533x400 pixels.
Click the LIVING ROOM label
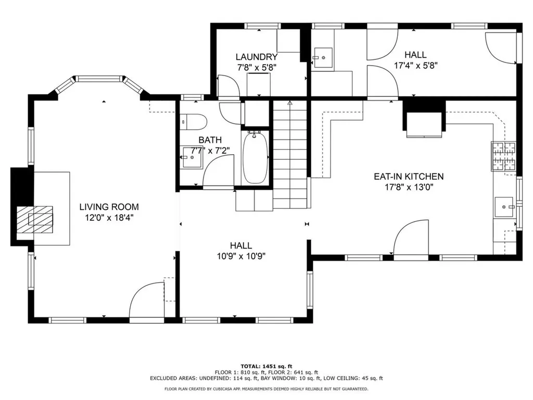109,207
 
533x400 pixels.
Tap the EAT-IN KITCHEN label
409,177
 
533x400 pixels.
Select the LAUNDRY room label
257,57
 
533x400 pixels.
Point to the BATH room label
210,140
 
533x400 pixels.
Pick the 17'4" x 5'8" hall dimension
415,65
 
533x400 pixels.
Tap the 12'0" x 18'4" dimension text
109,218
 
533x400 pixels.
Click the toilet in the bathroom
193,122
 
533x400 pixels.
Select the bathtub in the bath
256,158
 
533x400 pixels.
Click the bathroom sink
192,157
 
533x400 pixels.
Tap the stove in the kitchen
504,156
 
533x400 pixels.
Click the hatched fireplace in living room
35,219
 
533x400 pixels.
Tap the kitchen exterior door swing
411,237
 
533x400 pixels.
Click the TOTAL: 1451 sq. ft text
266,366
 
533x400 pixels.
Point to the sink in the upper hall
322,57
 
